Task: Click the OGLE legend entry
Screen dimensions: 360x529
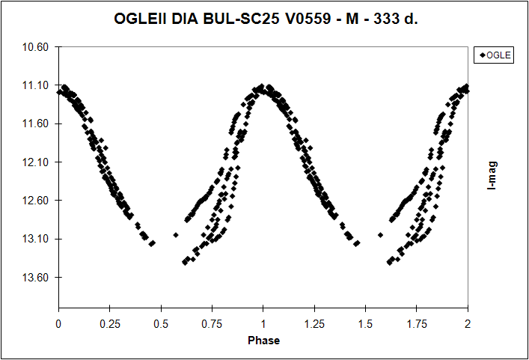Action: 495,55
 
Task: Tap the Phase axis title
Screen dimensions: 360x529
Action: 263,341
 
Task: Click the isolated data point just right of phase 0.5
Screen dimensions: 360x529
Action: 176,235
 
